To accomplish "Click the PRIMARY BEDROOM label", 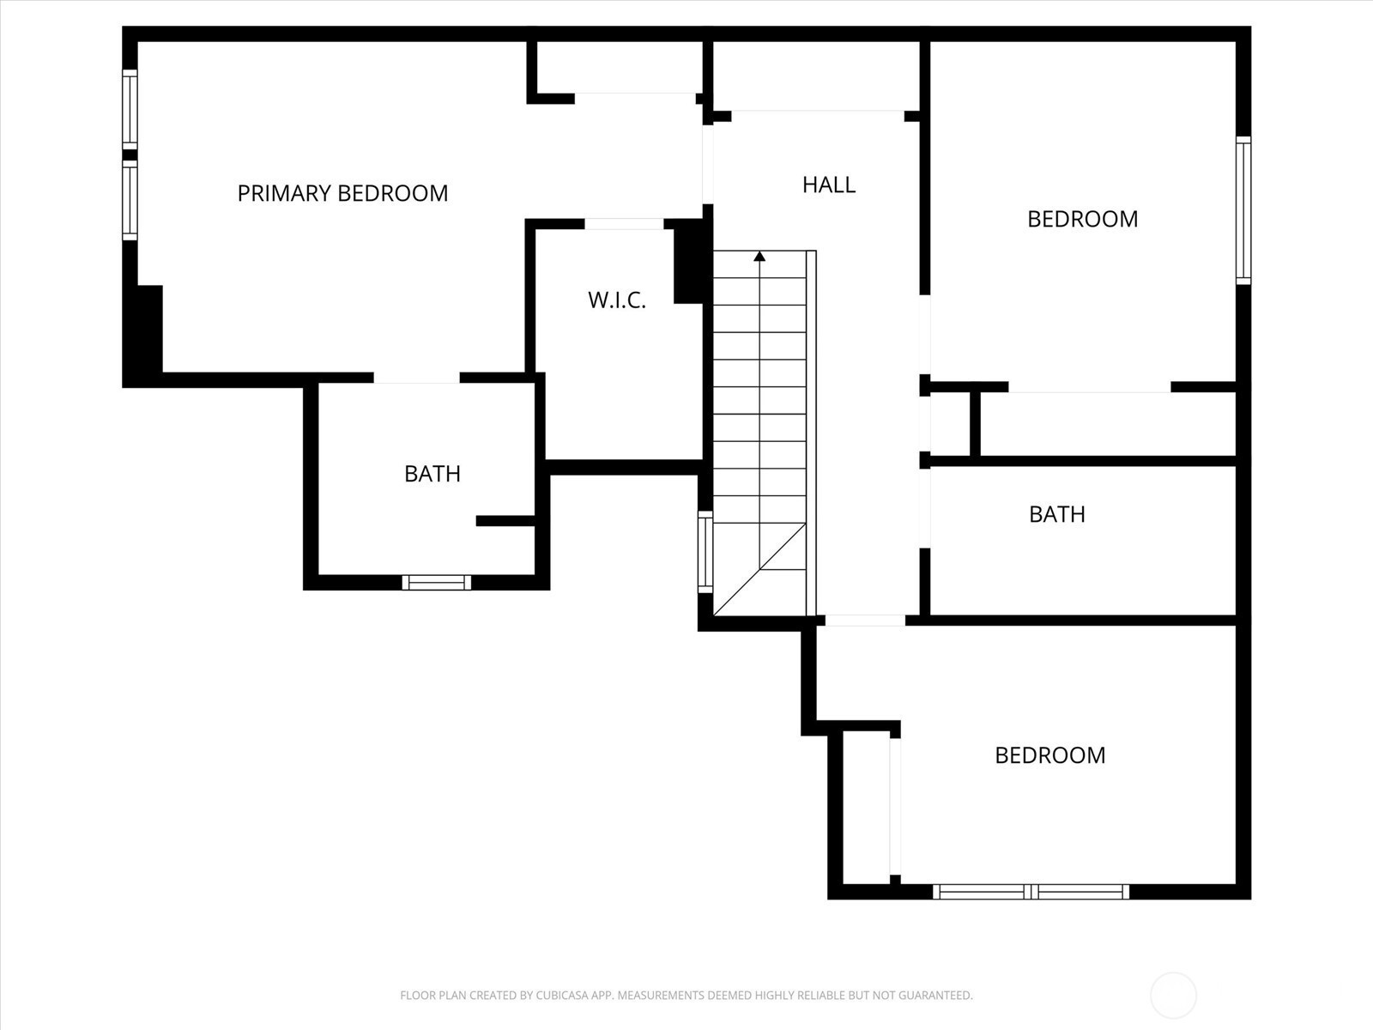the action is pos(342,193).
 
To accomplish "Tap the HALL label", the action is pos(829,185).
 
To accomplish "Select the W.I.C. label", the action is pos(617,300).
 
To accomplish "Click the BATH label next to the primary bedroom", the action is pos(432,474).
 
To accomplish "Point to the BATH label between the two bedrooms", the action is pos(1057,514).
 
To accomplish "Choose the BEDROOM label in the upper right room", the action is pos(1083,219).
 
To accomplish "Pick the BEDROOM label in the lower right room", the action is pos(1050,754).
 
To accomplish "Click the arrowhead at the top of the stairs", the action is pos(759,257).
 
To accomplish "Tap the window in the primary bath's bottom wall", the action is pos(437,582).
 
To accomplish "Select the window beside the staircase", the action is pos(705,552).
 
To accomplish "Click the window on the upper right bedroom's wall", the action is pos(1243,210).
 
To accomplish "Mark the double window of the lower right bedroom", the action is pos(1031,892).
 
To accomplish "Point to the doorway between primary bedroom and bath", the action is pos(416,379).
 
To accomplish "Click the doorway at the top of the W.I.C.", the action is pos(624,224).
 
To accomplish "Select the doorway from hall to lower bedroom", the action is pos(865,621).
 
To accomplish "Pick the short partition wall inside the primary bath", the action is pos(505,521).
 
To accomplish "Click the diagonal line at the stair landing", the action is pos(759,570).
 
